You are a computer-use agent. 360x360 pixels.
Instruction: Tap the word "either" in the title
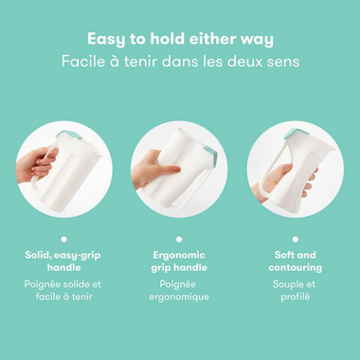click(x=205, y=39)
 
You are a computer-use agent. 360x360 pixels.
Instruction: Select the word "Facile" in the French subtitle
click(x=79, y=61)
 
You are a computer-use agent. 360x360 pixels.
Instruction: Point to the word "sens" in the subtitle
click(x=286, y=62)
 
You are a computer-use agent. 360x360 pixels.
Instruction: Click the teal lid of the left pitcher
click(x=69, y=135)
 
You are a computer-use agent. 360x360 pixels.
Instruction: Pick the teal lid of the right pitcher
click(x=293, y=134)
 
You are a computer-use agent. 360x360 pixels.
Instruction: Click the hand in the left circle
click(x=37, y=165)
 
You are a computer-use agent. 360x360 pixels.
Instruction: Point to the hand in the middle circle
click(x=153, y=170)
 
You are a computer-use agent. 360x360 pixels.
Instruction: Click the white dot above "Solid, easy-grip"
click(x=64, y=240)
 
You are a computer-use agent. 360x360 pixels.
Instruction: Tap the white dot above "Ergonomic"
click(x=179, y=240)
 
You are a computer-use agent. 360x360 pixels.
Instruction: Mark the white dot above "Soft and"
click(x=296, y=240)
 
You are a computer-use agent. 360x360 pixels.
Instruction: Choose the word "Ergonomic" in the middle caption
click(x=179, y=256)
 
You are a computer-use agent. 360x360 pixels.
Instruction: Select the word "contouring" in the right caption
click(x=296, y=268)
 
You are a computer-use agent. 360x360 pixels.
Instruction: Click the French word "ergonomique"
click(x=179, y=297)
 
